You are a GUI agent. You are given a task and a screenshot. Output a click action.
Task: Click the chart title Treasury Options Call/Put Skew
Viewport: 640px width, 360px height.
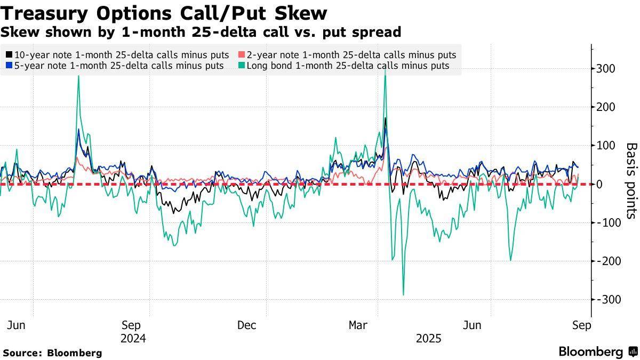[164, 13]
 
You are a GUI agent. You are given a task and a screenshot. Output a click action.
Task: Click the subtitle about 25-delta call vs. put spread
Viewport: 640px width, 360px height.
[201, 32]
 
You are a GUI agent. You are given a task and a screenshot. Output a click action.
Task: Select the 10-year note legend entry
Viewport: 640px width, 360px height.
[117, 55]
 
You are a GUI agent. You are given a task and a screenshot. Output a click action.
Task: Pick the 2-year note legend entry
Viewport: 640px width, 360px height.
[347, 55]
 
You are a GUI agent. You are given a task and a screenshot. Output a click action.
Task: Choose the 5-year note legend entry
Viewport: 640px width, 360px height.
[114, 66]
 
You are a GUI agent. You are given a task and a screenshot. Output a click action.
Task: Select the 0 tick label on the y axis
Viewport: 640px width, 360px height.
[599, 184]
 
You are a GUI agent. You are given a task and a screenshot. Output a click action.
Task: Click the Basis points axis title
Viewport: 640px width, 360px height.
[631, 180]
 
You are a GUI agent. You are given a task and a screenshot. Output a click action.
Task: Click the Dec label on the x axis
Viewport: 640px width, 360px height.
[246, 325]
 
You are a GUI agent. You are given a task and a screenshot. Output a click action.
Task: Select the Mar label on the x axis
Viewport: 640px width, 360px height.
[358, 325]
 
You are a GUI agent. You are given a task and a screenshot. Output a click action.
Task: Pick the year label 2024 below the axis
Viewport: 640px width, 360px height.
[133, 339]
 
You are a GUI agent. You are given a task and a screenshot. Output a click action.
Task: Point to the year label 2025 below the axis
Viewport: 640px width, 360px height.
[429, 339]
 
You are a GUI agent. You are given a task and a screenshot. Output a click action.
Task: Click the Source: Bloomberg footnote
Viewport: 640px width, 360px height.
[52, 353]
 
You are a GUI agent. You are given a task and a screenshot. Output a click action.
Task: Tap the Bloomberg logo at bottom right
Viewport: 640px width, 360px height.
[597, 351]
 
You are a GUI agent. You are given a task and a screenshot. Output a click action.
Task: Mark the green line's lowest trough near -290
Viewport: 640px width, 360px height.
[403, 294]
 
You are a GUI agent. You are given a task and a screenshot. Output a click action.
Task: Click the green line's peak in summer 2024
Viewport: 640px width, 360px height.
[78, 76]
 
